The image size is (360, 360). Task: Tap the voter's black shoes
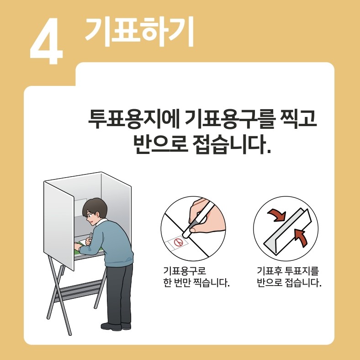pyautogui.click(x=115, y=326)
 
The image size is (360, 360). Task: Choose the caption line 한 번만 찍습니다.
pyautogui.click(x=196, y=283)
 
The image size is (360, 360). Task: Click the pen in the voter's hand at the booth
pyautogui.click(x=90, y=237)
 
